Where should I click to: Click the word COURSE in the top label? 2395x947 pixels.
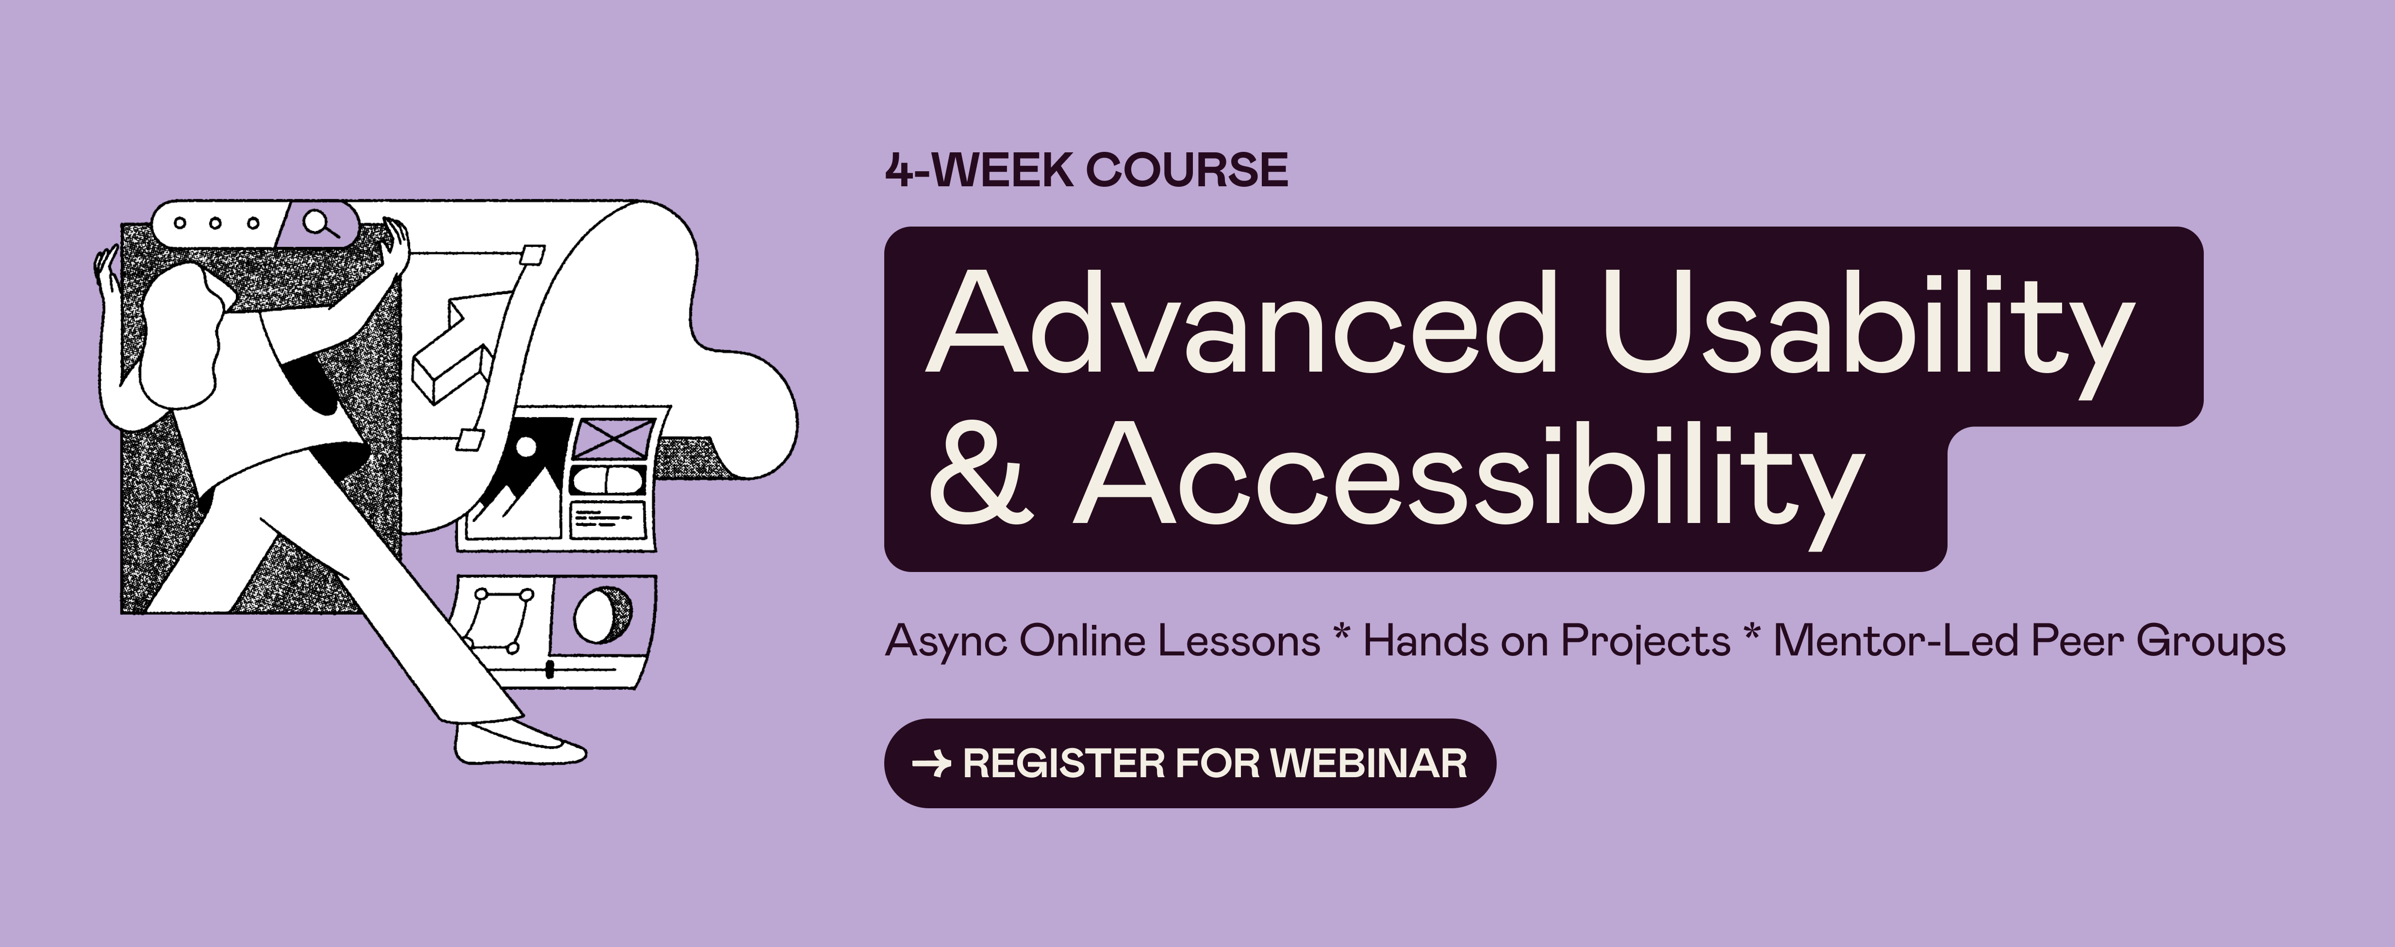click(1187, 170)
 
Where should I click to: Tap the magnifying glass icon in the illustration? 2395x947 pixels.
click(320, 224)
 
